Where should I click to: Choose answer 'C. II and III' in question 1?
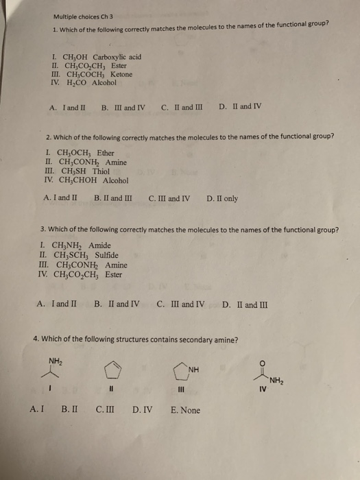pos(182,107)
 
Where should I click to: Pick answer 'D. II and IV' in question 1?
pos(240,107)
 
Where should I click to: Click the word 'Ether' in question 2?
pos(106,153)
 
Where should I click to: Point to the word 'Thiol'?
pos(100,171)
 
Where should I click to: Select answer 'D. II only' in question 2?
pos(222,199)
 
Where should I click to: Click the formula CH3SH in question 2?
pos(73,171)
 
